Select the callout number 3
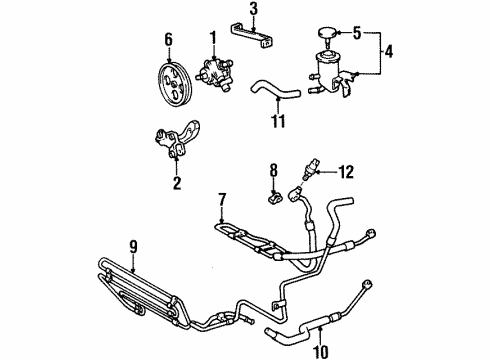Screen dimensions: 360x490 click(254, 11)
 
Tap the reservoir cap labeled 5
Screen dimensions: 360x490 click(331, 35)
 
